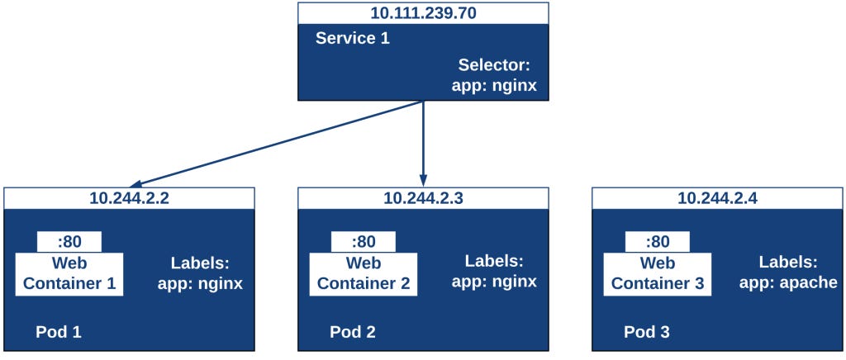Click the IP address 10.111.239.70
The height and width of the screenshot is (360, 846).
tap(423, 12)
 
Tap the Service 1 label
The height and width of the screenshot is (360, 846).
tap(352, 38)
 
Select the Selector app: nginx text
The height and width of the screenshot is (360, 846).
tap(494, 74)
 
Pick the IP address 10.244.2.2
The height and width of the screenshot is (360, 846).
tap(129, 198)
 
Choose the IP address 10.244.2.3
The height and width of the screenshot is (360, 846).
tap(423, 198)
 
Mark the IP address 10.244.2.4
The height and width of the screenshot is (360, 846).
tap(717, 198)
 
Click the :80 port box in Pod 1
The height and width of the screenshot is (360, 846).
tap(69, 242)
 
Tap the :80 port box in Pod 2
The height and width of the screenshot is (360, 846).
tap(364, 242)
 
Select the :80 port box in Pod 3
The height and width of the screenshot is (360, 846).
tap(658, 242)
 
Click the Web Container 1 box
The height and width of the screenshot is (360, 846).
tap(69, 273)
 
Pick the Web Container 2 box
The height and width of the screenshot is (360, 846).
tap(364, 273)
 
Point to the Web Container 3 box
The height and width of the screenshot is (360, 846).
tap(658, 273)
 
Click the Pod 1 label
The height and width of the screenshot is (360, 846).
tap(59, 332)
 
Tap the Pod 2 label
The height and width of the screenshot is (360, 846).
tap(353, 332)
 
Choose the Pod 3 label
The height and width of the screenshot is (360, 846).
tap(647, 332)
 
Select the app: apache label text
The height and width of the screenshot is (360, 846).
tap(788, 283)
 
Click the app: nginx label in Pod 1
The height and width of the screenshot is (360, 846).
tap(200, 283)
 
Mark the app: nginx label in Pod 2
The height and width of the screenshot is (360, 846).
tap(494, 282)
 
